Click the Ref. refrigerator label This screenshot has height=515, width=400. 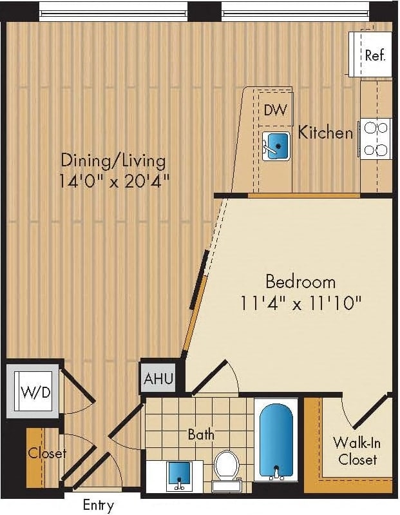(x=374, y=55)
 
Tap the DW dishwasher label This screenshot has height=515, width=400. (x=275, y=110)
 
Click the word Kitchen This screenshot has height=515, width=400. (x=325, y=133)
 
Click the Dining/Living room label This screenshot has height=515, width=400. (x=113, y=160)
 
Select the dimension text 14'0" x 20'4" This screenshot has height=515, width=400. (x=114, y=181)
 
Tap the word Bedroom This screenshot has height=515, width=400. (x=300, y=282)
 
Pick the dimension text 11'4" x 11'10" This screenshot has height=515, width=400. (x=301, y=303)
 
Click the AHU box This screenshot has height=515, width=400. (x=158, y=378)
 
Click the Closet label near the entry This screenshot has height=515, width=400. (x=46, y=453)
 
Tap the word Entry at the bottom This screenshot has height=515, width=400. (x=99, y=505)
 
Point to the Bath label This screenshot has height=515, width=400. (x=201, y=434)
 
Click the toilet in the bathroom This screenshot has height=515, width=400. (x=226, y=467)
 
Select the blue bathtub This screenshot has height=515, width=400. (x=276, y=442)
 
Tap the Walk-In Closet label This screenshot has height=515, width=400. (x=355, y=451)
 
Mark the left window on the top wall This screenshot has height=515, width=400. (x=113, y=11)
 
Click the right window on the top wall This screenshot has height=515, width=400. (x=296, y=11)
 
